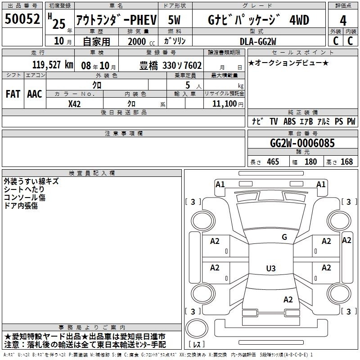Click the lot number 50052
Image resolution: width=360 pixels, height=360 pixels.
(22, 18)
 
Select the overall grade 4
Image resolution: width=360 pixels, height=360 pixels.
(343, 20)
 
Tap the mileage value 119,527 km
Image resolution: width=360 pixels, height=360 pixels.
(53, 65)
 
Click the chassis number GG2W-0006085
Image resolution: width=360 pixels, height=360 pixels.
(302, 143)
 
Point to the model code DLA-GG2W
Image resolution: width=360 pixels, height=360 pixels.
(258, 41)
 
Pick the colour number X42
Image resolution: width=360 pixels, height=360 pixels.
(74, 104)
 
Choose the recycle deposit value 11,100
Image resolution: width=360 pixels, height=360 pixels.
(225, 104)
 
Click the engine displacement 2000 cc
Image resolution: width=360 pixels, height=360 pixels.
(141, 42)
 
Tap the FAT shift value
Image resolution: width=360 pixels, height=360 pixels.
(13, 94)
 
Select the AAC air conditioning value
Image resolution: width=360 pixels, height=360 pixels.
(35, 94)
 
